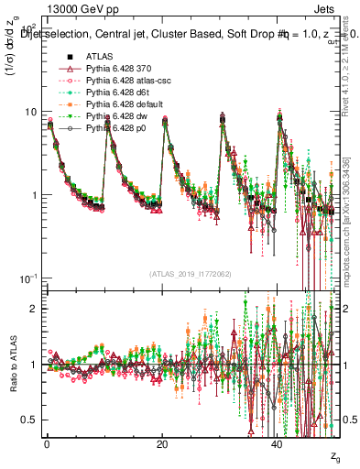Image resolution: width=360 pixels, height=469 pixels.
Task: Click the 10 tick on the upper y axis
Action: [x=30, y=112]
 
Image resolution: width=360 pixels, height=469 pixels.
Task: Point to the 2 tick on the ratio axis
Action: [x=33, y=309]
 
